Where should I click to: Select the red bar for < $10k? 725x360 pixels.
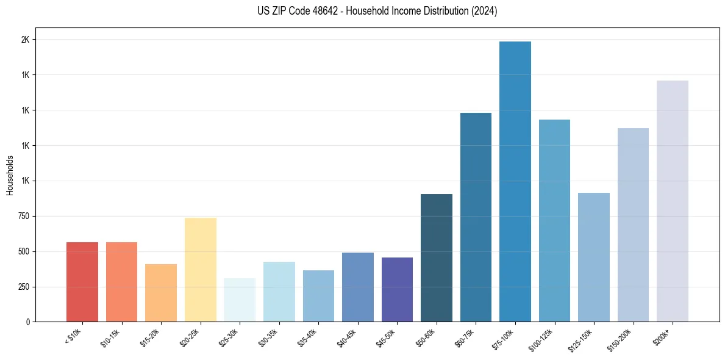(82, 282)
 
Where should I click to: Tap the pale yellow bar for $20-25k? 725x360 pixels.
(200, 270)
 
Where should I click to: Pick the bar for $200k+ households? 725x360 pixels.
(672, 201)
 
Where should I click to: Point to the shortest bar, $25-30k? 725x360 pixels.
(240, 300)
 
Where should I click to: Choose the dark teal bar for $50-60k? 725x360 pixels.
(436, 257)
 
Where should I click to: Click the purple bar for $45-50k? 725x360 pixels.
(397, 289)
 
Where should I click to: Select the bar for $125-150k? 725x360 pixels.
(593, 257)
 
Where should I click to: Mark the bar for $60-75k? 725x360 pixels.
(476, 217)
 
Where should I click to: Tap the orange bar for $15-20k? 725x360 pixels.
(161, 293)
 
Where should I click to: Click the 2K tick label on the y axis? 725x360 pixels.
(25, 40)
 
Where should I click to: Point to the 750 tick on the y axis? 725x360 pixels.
(23, 216)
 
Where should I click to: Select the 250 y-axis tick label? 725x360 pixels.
(23, 287)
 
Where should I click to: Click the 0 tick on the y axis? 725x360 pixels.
(27, 322)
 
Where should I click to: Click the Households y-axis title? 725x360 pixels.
(10, 175)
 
